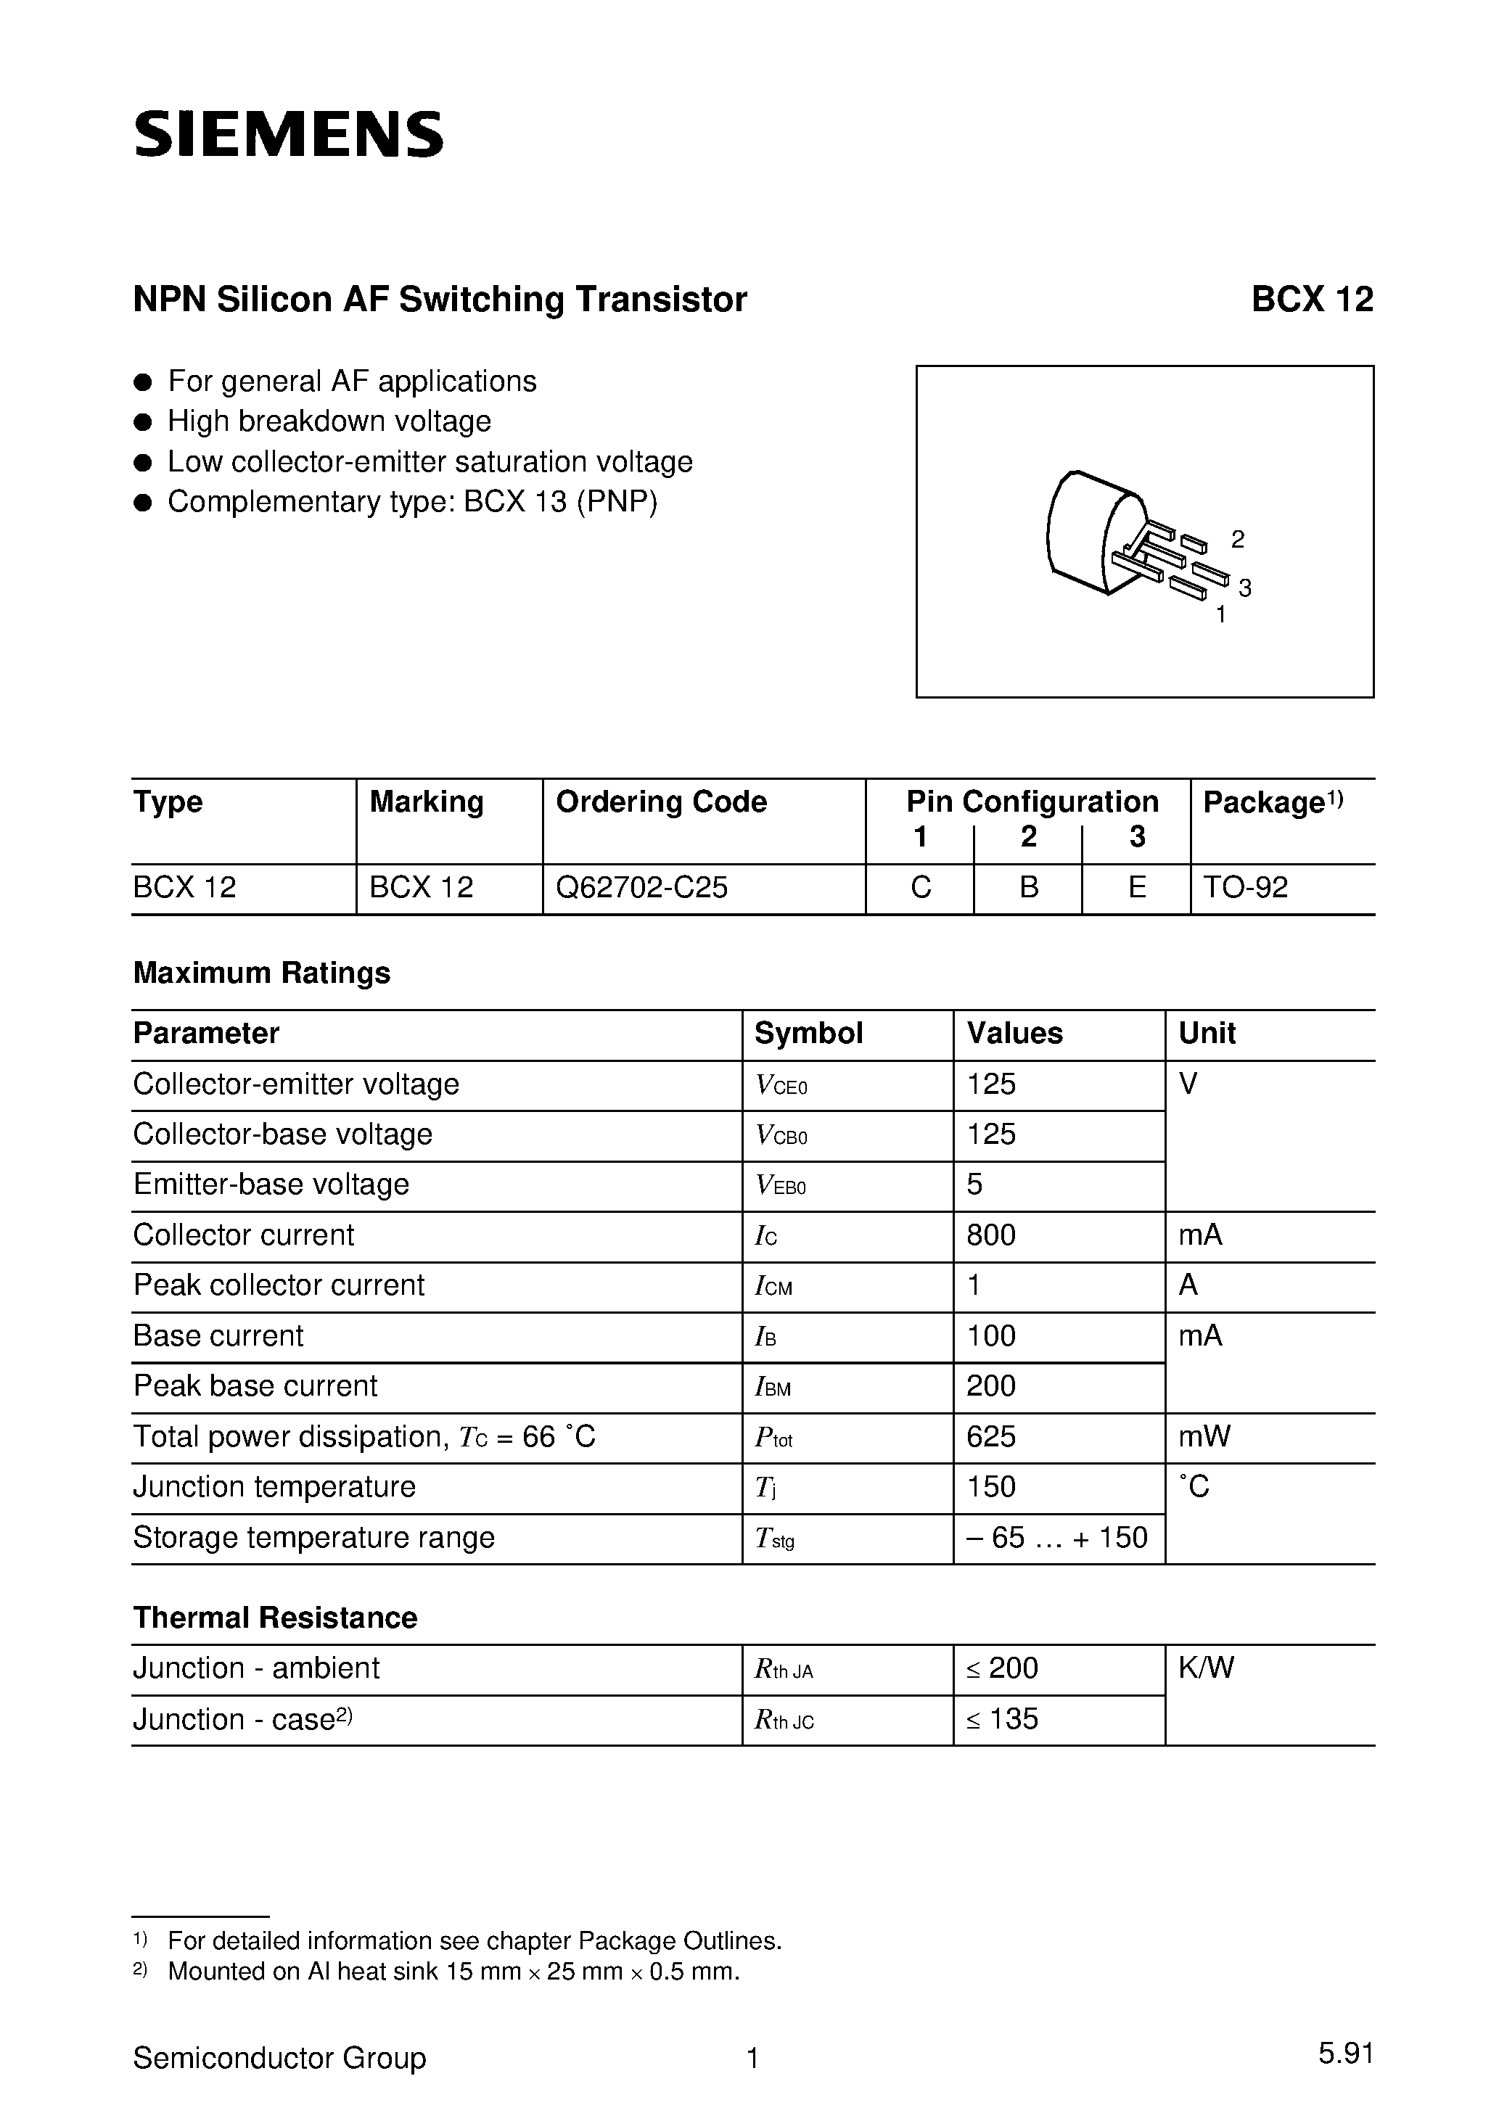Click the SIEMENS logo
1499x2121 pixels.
pos(288,134)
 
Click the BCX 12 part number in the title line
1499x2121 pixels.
pos(1311,300)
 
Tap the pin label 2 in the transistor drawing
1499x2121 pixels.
pos(1238,538)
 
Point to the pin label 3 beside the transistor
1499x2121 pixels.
pos(1245,588)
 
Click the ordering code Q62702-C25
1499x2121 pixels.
pos(641,887)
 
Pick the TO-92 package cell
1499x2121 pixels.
pos(1245,887)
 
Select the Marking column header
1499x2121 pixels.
pos(426,801)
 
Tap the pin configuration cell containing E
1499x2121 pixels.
pos(1137,887)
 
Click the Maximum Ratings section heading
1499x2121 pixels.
pos(261,973)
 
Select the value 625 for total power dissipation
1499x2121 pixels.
pos(990,1436)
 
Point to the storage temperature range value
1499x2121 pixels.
pos(1056,1537)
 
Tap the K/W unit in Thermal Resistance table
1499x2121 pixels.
pos(1206,1668)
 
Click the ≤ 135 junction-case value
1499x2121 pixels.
pos(1003,1718)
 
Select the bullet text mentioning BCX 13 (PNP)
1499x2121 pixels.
pos(412,502)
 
